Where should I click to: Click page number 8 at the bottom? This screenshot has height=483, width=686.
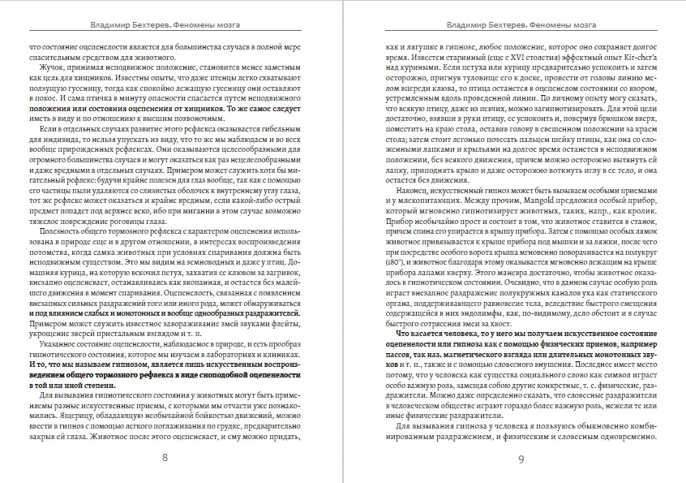pyautogui.click(x=165, y=458)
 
